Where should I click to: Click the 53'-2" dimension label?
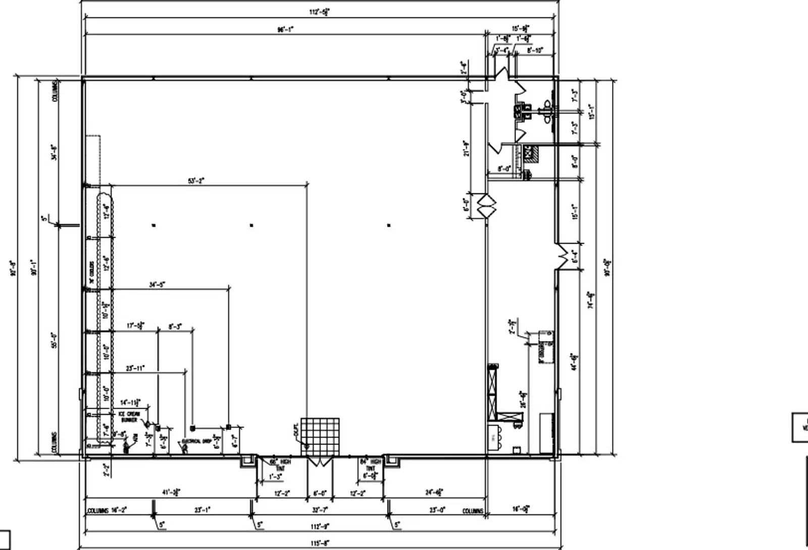click(195, 181)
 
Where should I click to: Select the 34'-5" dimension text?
click(157, 285)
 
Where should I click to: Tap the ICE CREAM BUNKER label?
click(129, 416)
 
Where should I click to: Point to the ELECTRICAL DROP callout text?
click(196, 442)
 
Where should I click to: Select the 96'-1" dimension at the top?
click(285, 29)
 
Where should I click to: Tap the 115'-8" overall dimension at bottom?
click(321, 543)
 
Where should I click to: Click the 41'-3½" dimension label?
click(171, 492)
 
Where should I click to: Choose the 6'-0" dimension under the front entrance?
click(320, 493)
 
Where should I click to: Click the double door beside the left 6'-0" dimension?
click(487, 205)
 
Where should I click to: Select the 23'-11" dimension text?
click(135, 368)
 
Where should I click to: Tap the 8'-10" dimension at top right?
click(535, 50)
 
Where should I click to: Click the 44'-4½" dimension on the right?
click(574, 362)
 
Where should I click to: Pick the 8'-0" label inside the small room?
click(504, 169)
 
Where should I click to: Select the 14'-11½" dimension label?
click(130, 403)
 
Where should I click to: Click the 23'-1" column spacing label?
click(202, 510)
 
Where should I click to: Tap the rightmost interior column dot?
click(388, 225)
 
